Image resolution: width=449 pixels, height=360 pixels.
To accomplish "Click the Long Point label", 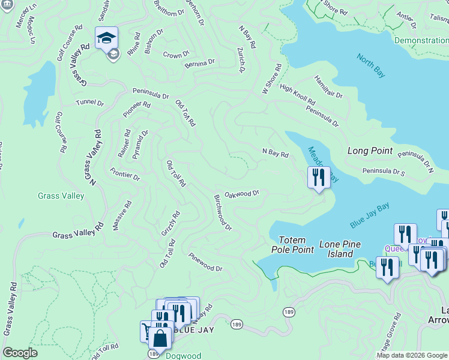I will tap(370, 151).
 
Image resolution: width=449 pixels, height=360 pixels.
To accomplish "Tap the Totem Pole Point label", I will tap(292, 245).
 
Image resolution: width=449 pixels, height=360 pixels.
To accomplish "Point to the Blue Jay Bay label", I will tap(370, 215).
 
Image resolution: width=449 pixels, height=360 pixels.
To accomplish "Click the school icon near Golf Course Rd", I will tap(106, 38).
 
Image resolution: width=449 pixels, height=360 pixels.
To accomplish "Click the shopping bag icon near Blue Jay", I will tap(160, 338).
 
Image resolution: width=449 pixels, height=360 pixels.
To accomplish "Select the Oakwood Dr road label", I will tap(241, 194).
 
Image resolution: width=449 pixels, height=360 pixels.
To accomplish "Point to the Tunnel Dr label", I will tap(91, 103).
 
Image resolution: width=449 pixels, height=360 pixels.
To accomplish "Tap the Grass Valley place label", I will tap(61, 196).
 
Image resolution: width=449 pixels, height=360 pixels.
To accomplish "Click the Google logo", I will tap(20, 353).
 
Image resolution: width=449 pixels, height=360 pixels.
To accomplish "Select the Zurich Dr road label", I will tap(241, 60).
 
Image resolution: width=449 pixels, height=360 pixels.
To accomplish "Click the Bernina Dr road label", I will tap(200, 63).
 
